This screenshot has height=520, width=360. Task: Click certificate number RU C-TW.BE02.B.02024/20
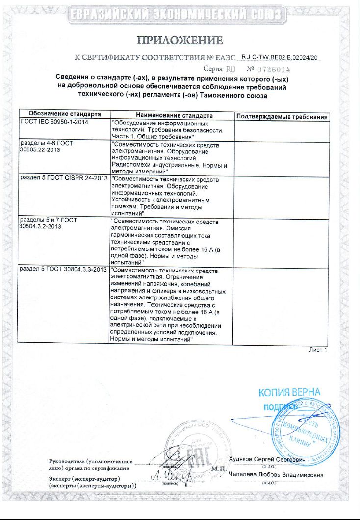[280, 57]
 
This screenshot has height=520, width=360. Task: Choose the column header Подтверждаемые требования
[282, 116]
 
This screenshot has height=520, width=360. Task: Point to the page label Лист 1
[317, 350]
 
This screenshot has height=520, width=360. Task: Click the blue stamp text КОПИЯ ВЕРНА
[289, 393]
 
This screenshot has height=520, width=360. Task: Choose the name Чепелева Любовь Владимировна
[276, 475]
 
